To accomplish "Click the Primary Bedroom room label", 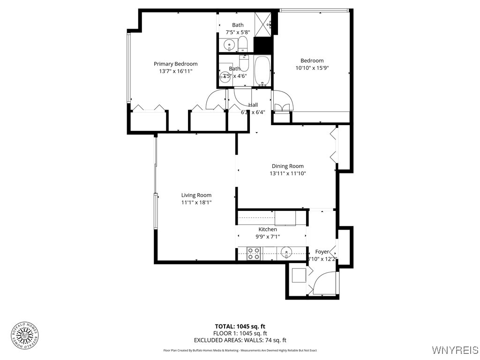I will click(176, 64).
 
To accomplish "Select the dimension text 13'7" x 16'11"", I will click(176, 71).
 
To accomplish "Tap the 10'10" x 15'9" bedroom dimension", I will click(312, 67).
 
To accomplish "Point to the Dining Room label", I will click(288, 166).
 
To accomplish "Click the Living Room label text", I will click(196, 195).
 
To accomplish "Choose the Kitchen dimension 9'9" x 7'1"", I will click(268, 237).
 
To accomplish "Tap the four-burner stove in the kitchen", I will click(254, 254).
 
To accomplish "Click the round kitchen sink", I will click(285, 254).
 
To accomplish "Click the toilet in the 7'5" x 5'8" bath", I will click(242, 45).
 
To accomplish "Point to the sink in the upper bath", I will click(229, 45).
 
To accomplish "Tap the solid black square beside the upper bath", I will click(262, 45).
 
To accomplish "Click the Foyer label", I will click(322, 252).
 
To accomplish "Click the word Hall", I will click(253, 105).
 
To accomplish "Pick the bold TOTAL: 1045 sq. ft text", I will click(240, 326).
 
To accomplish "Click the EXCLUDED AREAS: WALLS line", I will click(240, 340).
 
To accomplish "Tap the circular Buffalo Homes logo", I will click(24, 335).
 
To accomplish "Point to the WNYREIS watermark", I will click(455, 350).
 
